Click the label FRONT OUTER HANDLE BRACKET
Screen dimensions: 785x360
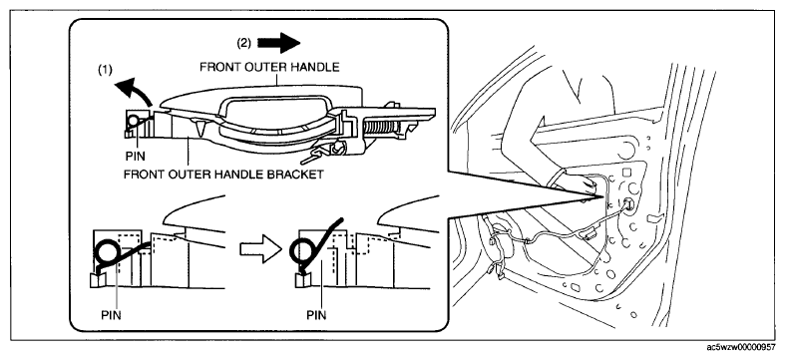222,176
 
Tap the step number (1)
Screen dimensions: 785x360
105,72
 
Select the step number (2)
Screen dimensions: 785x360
243,43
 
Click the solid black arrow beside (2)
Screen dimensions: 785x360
278,43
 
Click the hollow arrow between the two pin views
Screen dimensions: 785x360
260,248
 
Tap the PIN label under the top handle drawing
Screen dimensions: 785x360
136,157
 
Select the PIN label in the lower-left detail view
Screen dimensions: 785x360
111,315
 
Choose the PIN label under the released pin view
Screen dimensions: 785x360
316,315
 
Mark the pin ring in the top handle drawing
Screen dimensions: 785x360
134,121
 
